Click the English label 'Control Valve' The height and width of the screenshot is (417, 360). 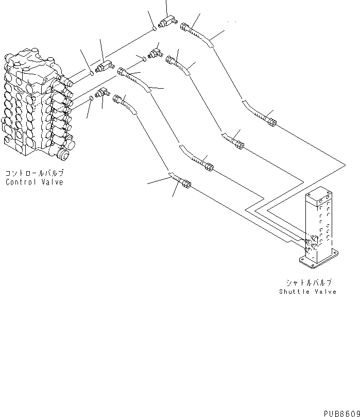(x=34, y=182)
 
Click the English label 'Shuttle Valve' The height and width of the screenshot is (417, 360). (x=307, y=291)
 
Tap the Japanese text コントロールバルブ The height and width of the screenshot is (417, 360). (x=34, y=174)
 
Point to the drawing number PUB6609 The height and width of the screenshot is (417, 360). (x=340, y=413)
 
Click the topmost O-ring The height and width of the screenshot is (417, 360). (x=155, y=28)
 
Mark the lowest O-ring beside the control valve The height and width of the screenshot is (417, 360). (x=91, y=97)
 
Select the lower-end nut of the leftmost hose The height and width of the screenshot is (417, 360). (x=185, y=184)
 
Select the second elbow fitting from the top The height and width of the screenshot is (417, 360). (x=154, y=53)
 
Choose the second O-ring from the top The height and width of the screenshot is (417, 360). (x=144, y=59)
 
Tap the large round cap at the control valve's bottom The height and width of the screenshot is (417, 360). (x=64, y=153)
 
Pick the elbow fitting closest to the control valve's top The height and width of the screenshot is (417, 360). (x=106, y=65)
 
